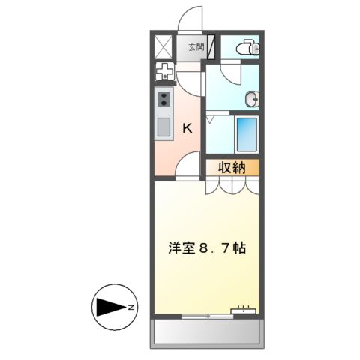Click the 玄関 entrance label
(x=196, y=47)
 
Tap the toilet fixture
(x=245, y=48)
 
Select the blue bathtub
(x=247, y=135)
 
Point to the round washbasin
(x=253, y=97)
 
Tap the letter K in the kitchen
(x=187, y=128)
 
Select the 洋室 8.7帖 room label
(x=207, y=246)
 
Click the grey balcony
(x=208, y=331)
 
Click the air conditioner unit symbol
(x=245, y=308)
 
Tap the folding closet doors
(x=232, y=186)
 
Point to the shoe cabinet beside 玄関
(x=214, y=47)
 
